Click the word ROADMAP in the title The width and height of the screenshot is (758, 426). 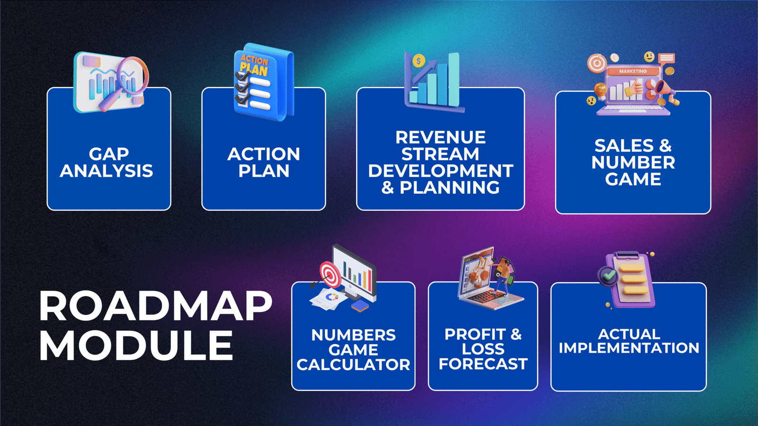pos(156,306)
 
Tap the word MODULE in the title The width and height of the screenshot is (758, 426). pos(136,345)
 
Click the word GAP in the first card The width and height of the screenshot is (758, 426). pos(109,154)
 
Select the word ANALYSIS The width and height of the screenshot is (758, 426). pos(107,171)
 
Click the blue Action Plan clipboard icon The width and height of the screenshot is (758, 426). pos(264,82)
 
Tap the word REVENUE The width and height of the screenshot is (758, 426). pos(441,137)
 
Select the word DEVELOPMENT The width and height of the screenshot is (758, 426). pos(441,171)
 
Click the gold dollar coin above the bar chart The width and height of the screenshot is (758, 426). pos(419,61)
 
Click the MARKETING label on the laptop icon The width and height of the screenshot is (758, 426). pos(633,71)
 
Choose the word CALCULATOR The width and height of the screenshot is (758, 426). pos(353,364)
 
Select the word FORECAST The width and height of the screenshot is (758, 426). pos(483,364)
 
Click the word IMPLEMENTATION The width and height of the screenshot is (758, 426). pos(629,348)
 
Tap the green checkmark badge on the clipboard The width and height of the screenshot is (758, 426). pos(608,275)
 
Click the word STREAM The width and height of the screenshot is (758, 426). pos(441,154)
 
